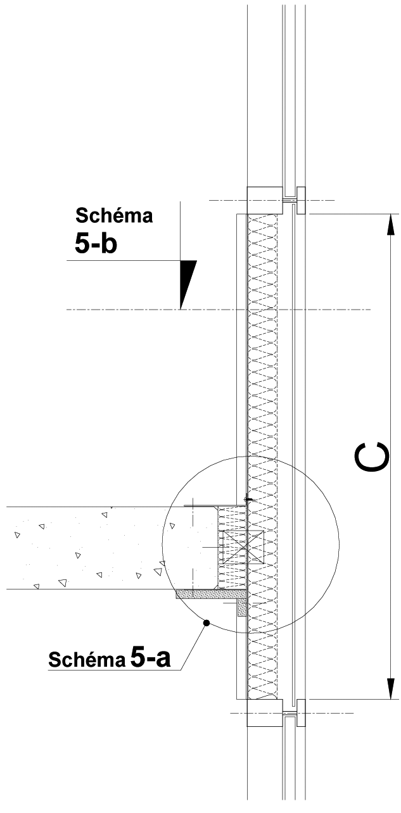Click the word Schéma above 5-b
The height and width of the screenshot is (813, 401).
(114, 216)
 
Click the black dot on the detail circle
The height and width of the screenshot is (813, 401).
(207, 623)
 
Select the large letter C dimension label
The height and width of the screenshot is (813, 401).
(372, 458)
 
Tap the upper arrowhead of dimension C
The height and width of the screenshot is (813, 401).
(390, 225)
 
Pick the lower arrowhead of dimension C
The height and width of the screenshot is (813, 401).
(390, 688)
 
